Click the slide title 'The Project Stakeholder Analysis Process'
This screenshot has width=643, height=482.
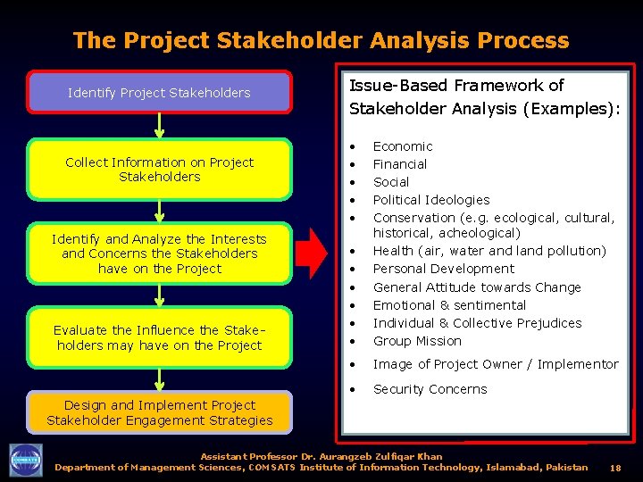[x=321, y=40]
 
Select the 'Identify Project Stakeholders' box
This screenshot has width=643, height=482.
[x=159, y=93]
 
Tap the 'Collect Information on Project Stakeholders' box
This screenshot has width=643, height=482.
[x=159, y=170]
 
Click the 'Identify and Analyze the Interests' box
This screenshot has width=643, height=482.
[x=159, y=253]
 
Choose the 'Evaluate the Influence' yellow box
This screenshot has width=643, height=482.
[x=159, y=338]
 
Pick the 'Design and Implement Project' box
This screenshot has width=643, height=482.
[x=159, y=412]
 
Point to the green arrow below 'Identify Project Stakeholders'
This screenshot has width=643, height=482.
[x=159, y=125]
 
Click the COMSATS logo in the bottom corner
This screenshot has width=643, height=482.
[x=25, y=461]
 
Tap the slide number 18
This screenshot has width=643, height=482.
[x=615, y=468]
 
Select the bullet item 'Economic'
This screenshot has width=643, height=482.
[x=403, y=146]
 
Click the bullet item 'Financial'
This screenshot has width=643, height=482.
[x=400, y=164]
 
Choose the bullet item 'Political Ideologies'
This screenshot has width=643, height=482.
[x=431, y=200]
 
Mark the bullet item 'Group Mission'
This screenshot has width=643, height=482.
[x=417, y=341]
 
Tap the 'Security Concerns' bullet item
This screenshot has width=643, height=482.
[x=430, y=389]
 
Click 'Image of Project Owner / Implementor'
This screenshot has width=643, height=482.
[x=496, y=364]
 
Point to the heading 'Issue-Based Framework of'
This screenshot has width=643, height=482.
[x=456, y=86]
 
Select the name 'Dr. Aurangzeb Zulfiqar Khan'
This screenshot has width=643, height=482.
[x=372, y=457]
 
